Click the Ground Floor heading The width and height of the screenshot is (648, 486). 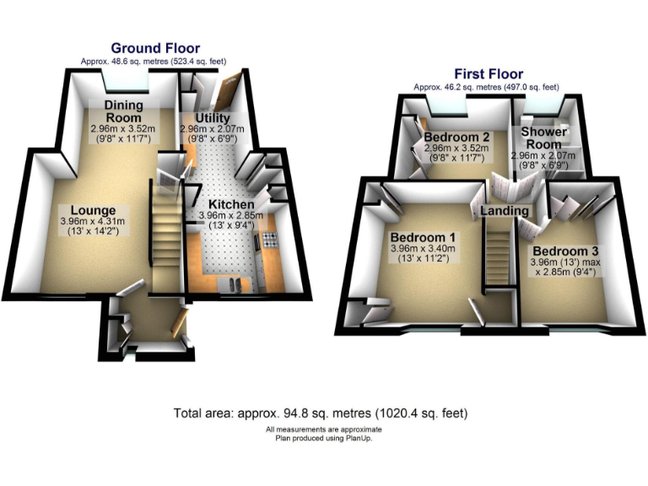155,48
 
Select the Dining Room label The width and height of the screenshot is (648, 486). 123,111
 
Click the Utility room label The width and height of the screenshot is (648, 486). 212,117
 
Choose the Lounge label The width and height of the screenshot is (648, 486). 93,210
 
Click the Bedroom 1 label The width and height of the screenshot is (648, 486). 423,237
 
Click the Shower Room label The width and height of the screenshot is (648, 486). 543,138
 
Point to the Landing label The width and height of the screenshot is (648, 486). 505,210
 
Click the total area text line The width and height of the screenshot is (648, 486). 321,413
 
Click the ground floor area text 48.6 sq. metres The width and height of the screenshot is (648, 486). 154,62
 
